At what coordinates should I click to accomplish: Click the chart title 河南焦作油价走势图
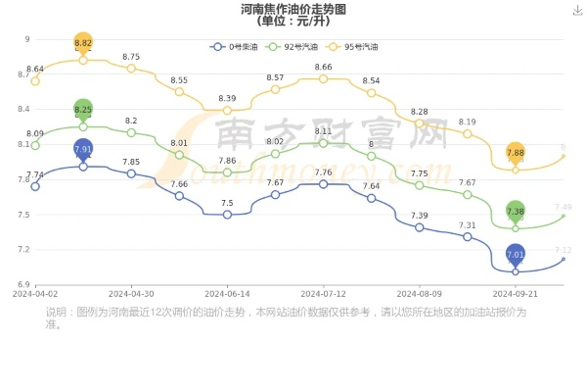pyautogui.click(x=293, y=9)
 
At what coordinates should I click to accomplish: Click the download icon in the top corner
pyautogui.click(x=576, y=10)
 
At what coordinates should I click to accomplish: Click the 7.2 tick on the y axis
pyautogui.click(x=23, y=250)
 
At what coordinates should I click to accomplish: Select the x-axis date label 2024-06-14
pyautogui.click(x=227, y=293)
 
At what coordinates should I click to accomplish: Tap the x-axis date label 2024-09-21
pyautogui.click(x=516, y=293)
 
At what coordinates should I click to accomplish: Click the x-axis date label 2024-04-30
pyautogui.click(x=131, y=293)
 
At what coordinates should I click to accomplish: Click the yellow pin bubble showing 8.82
pyautogui.click(x=83, y=44)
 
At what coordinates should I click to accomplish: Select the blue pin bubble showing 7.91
pyautogui.click(x=83, y=149)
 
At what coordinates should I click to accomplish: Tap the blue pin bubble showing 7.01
pyautogui.click(x=516, y=255)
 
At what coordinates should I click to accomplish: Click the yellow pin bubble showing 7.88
pyautogui.click(x=516, y=153)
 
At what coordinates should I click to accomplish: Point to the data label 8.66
pyautogui.click(x=323, y=67)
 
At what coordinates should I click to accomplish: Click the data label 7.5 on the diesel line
pyautogui.click(x=227, y=203)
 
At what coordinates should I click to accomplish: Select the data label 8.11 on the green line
pyautogui.click(x=323, y=131)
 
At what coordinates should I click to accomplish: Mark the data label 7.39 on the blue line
pyautogui.click(x=419, y=216)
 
